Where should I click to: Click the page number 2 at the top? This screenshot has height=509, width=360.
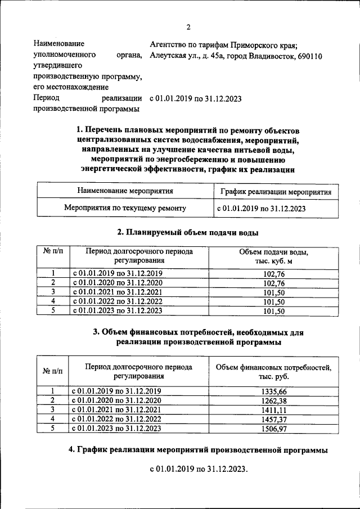coord(188,27)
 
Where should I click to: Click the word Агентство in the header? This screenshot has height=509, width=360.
coord(168,44)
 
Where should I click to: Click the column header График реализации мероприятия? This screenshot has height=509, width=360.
coord(276,191)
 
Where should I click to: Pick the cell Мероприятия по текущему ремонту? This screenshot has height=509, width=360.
coord(125,209)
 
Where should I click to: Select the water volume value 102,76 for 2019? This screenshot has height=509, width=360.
coord(274,273)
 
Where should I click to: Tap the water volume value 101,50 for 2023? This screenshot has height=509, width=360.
coord(274,310)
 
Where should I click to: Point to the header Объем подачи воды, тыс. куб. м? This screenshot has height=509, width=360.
coord(274,256)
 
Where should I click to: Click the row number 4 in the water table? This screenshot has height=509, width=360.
coord(53,301)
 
